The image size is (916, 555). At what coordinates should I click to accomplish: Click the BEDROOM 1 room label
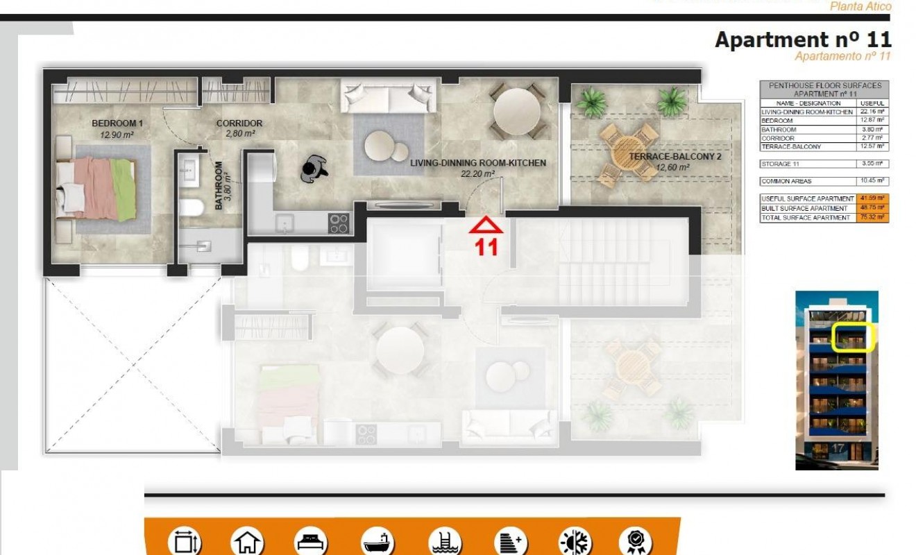click(117, 123)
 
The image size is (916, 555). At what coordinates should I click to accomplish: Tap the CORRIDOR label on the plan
click(239, 123)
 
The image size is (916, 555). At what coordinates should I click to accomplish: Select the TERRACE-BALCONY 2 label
click(665, 157)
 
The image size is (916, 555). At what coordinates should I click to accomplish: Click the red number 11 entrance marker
click(486, 247)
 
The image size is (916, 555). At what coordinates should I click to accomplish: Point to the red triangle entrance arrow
click(486, 225)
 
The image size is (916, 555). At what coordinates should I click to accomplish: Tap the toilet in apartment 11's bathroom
click(190, 207)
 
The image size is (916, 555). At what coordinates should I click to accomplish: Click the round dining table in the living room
click(515, 110)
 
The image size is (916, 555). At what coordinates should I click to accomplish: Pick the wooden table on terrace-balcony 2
click(627, 154)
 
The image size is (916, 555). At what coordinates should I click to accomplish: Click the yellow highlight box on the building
click(853, 338)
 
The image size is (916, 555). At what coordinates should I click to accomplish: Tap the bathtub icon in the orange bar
click(378, 542)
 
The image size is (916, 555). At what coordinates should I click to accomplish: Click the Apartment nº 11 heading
click(803, 40)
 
